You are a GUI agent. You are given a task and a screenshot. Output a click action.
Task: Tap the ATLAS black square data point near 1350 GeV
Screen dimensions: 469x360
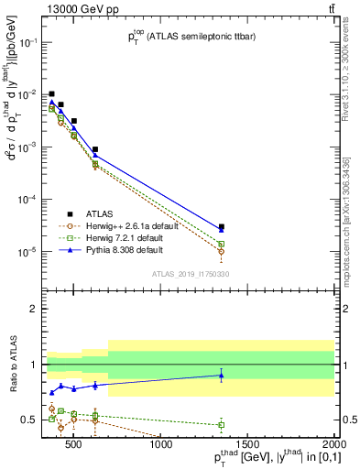(222, 226)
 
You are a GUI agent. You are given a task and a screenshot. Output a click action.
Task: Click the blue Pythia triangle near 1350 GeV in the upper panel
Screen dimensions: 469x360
(222, 230)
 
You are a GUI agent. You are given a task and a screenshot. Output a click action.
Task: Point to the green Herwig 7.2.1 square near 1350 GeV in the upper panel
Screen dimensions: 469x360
(222, 244)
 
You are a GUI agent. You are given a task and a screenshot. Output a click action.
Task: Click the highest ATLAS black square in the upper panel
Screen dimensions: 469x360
(52, 93)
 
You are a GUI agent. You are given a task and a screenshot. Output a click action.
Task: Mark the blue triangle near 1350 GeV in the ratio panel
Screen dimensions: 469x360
(222, 375)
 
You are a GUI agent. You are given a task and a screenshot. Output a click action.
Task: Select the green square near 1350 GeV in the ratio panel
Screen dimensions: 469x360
(222, 424)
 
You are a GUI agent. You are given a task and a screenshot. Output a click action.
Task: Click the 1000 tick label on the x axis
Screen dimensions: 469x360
(162, 446)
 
